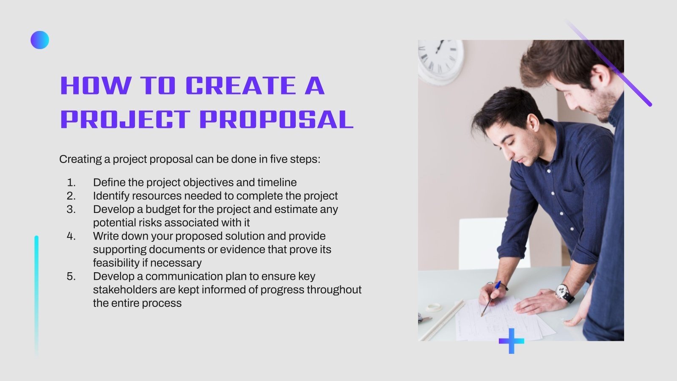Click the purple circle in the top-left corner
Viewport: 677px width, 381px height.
point(40,40)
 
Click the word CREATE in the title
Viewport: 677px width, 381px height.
point(240,86)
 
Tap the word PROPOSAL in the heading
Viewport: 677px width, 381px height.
point(276,119)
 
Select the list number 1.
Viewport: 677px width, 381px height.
point(71,182)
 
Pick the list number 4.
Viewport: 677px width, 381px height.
point(71,236)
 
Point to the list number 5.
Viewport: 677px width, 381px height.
point(71,276)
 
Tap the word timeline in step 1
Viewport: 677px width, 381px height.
point(277,182)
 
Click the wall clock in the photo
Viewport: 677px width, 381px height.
point(440,57)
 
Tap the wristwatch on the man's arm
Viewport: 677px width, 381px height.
point(563,292)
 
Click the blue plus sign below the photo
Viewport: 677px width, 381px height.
point(511,341)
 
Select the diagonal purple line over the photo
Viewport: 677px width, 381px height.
point(609,63)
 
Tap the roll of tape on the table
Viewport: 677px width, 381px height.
point(434,307)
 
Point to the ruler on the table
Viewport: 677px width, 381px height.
point(442,320)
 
